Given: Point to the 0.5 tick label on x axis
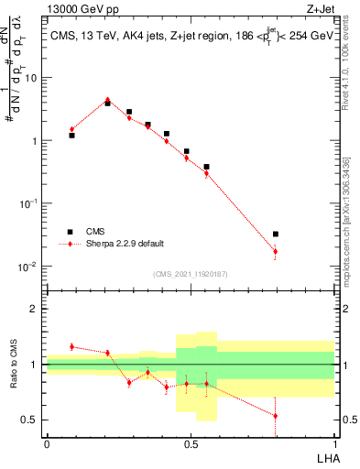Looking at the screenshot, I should [191, 443].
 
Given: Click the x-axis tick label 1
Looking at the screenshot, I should [334, 443].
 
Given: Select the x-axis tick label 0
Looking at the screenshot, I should [47, 443].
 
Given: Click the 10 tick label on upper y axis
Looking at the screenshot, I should [32, 78].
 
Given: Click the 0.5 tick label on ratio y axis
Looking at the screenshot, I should [32, 420].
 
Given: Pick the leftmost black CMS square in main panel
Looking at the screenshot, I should [71, 135].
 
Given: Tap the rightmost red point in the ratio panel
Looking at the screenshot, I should [276, 416].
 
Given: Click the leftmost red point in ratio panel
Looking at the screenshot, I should [71, 346].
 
